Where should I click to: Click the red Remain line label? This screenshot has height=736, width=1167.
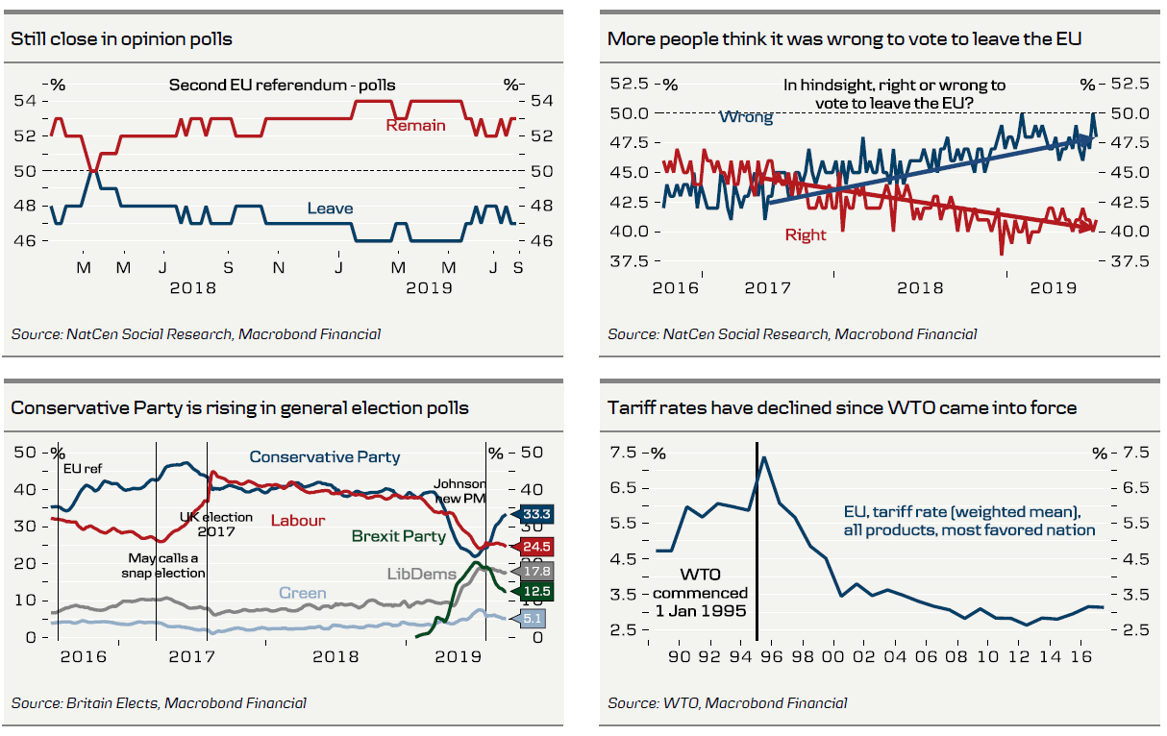(x=415, y=125)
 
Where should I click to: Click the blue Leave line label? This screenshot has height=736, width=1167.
(x=330, y=208)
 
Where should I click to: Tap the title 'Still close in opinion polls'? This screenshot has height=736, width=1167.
(x=121, y=39)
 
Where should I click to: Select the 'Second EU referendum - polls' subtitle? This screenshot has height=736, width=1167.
(x=282, y=86)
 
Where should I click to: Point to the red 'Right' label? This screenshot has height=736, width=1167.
(x=806, y=234)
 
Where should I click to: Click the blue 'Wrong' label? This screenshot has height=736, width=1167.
(x=746, y=117)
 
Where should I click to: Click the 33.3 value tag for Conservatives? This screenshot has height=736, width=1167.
(x=536, y=514)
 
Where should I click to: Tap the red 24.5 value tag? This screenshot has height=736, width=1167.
(x=536, y=547)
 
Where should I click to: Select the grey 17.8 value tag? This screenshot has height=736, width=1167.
(x=536, y=572)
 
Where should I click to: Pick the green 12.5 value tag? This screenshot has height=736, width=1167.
(x=536, y=591)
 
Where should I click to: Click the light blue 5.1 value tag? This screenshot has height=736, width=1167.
(x=532, y=619)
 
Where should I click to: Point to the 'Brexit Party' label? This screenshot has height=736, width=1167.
(x=398, y=536)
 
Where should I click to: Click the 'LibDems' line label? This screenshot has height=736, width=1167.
(x=420, y=574)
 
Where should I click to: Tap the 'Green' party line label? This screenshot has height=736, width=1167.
(x=302, y=593)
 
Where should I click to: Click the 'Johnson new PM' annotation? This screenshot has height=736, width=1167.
(x=459, y=491)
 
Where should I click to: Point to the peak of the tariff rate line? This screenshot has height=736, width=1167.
(x=764, y=457)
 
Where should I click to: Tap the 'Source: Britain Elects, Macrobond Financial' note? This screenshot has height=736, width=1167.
(x=159, y=703)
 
